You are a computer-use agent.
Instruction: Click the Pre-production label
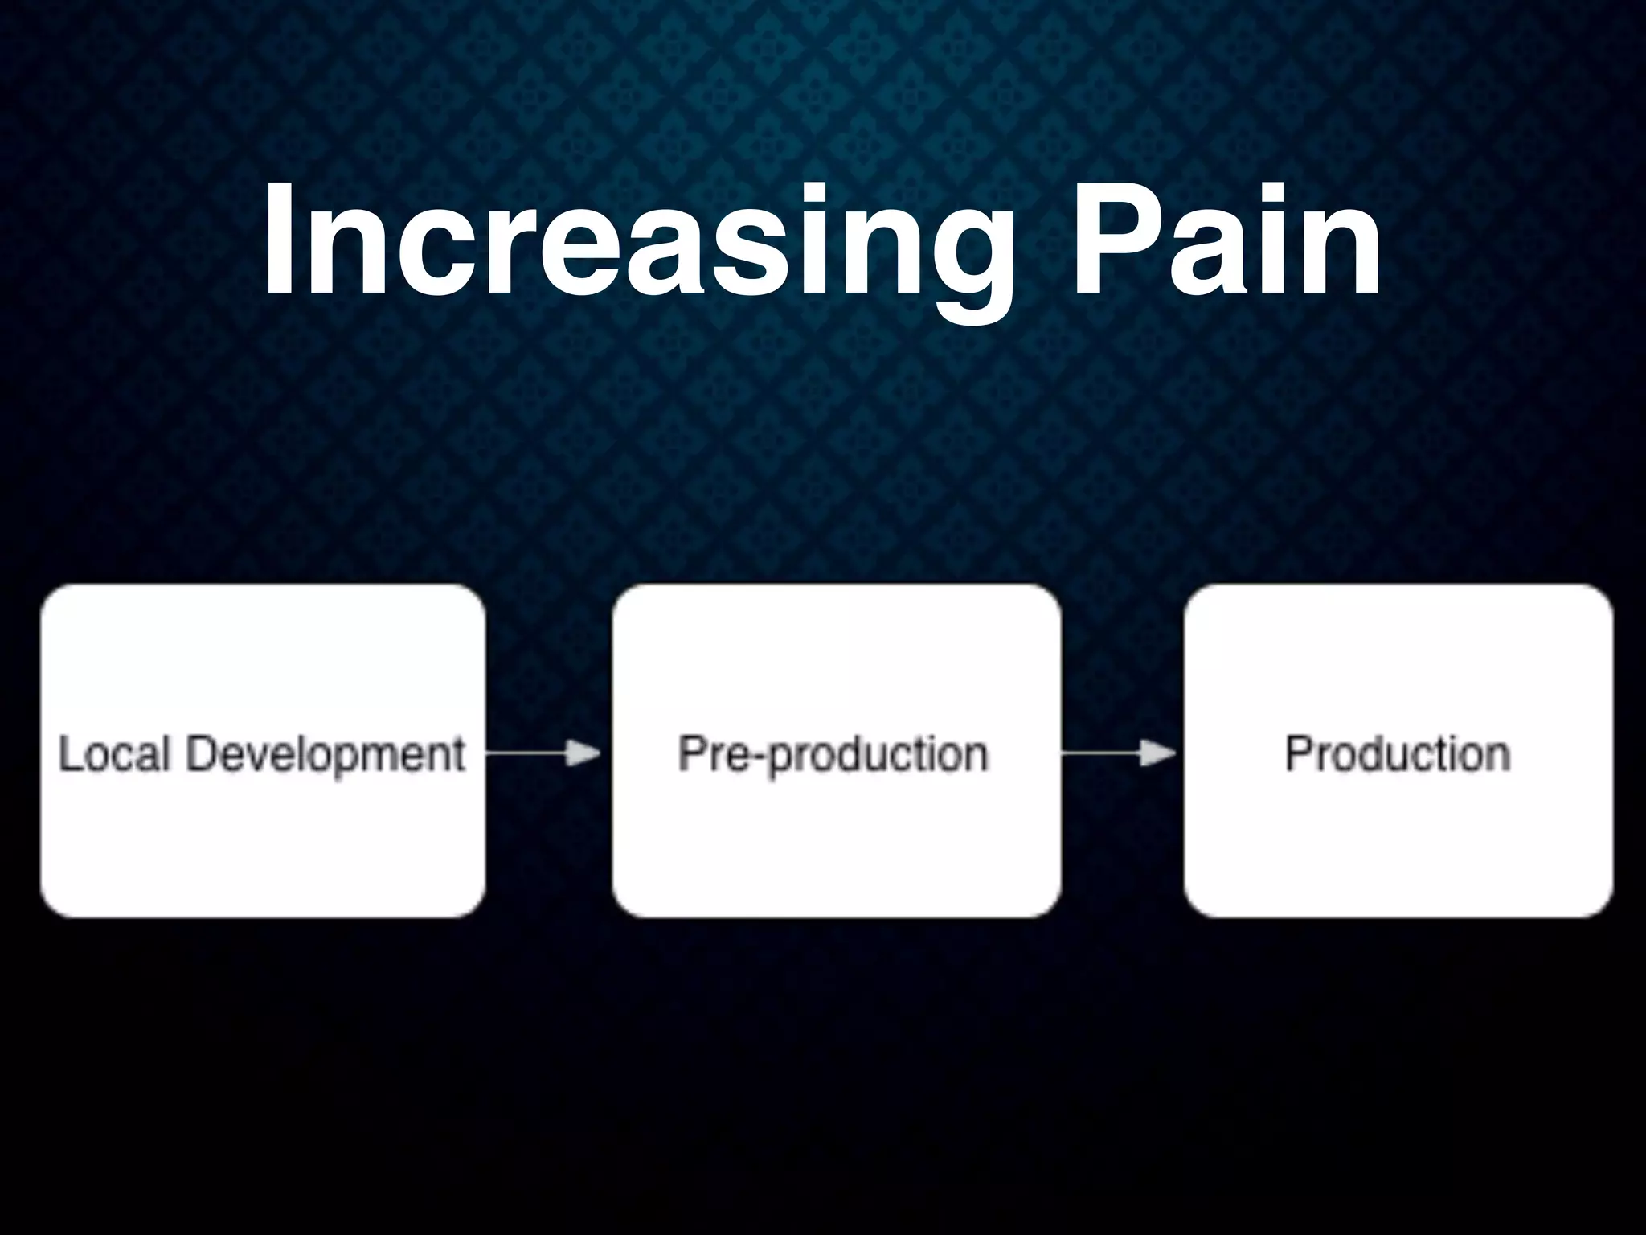(x=833, y=754)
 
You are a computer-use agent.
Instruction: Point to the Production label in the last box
(x=1398, y=754)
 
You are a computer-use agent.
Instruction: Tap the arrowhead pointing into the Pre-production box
(x=584, y=753)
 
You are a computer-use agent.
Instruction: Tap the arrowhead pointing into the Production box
(x=1159, y=753)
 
